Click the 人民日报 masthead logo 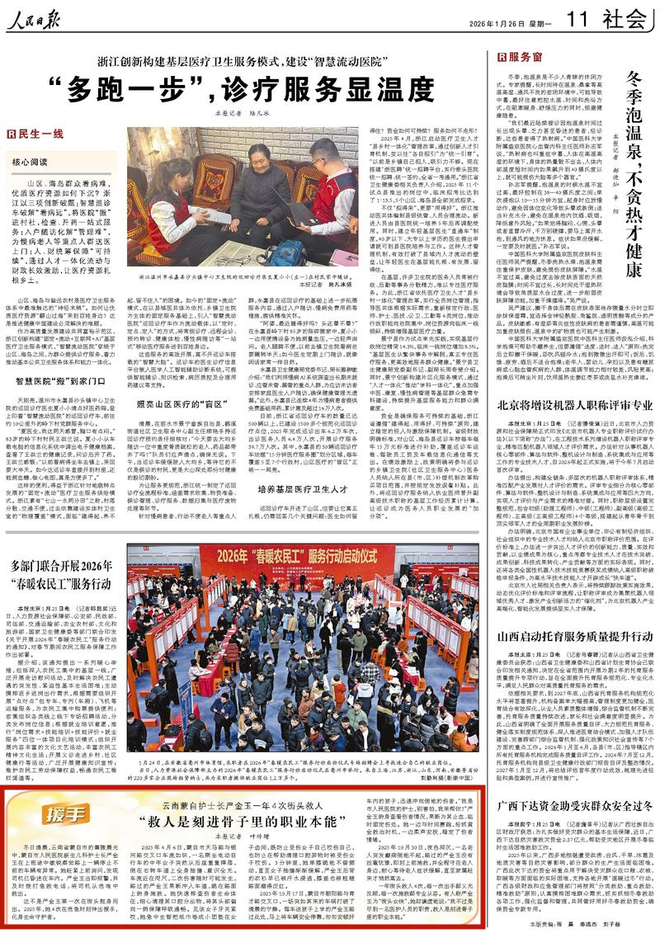tap(49, 18)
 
